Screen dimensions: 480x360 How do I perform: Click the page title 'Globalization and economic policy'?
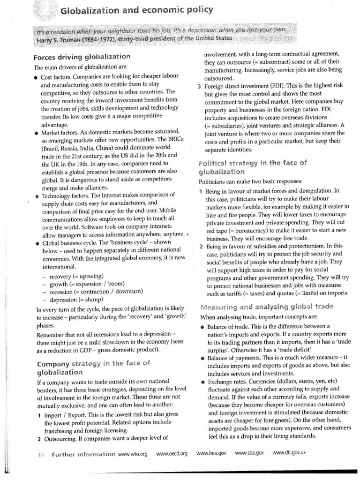click(x=137, y=10)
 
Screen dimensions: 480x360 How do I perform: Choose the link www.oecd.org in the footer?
click(x=172, y=454)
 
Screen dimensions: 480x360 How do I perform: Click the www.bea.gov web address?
click(x=211, y=453)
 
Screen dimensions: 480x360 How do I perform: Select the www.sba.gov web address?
click(x=249, y=453)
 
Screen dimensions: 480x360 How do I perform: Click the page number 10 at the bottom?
click(x=41, y=454)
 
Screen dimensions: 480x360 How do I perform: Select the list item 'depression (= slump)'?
click(x=75, y=300)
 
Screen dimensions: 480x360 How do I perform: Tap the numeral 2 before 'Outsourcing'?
click(x=38, y=439)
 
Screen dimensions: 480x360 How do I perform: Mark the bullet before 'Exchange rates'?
click(x=202, y=382)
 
